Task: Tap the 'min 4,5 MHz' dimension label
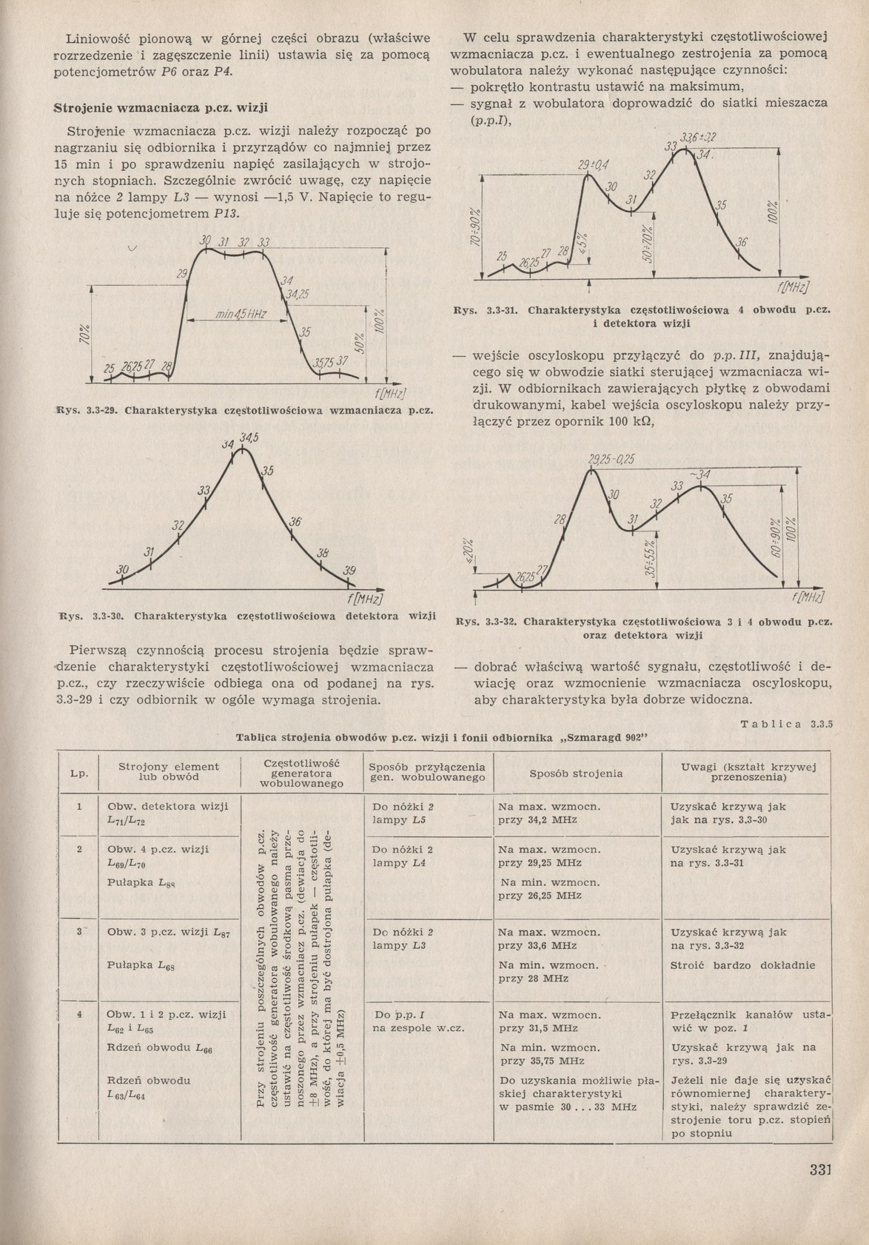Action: point(241,315)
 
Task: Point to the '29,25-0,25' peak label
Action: point(611,460)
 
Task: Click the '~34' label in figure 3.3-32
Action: point(699,474)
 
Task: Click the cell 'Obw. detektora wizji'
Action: point(168,806)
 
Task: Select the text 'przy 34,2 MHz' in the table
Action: point(538,819)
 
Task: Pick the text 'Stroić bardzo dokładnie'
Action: point(742,965)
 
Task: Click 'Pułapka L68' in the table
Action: point(141,965)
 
